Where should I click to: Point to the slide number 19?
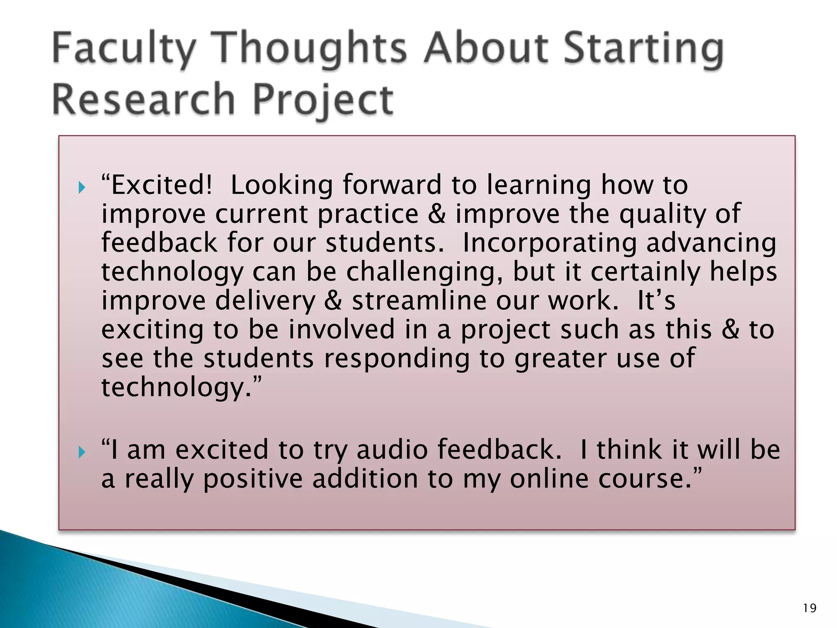point(809,608)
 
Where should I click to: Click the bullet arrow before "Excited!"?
point(82,188)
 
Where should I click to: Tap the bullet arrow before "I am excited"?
point(82,453)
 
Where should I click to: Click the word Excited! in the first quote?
point(161,185)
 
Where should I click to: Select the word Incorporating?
point(549,243)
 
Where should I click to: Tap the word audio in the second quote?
point(392,450)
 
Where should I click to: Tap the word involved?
point(342,330)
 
